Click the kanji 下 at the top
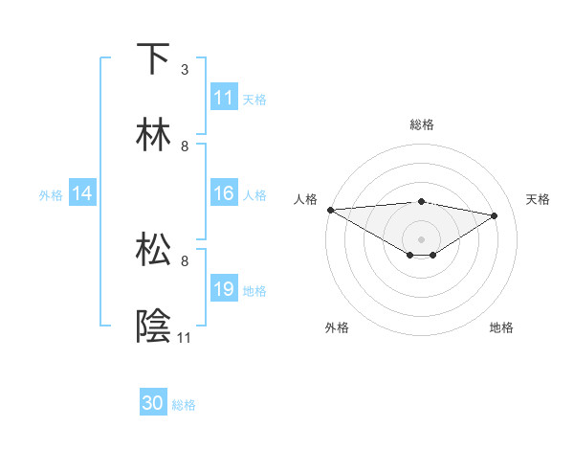153,58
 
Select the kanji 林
153,134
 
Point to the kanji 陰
153,326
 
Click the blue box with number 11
224,98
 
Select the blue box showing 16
224,193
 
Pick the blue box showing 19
224,289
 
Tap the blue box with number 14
82,193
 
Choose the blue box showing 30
153,403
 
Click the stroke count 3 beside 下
185,70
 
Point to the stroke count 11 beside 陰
185,338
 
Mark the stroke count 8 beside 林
185,146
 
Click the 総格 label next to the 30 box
185,405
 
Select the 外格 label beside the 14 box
51,194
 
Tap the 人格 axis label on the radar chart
306,199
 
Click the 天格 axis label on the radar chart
538,199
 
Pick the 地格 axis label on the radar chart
501,327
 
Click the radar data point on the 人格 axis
330,210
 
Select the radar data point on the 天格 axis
495,215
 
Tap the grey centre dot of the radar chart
421,238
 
